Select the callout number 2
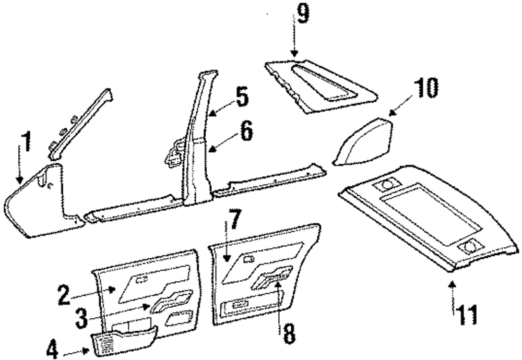[64, 295]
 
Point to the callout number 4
[52, 349]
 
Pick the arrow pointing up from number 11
[453, 295]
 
